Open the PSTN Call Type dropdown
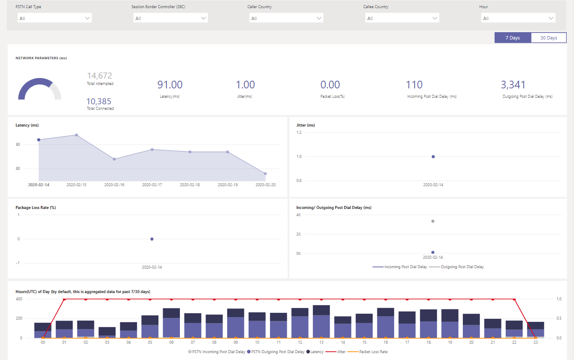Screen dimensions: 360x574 [55, 18]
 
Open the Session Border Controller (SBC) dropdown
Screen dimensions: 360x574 [170, 18]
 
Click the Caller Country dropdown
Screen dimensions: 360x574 [286, 18]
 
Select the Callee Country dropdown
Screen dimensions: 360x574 [402, 18]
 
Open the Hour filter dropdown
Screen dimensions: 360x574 [518, 18]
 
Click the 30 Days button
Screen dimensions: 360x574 [548, 38]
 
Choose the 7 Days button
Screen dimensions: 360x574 [513, 38]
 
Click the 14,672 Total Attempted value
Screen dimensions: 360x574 [99, 76]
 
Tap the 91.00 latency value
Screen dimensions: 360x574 [170, 85]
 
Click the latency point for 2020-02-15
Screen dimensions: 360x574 [76, 135]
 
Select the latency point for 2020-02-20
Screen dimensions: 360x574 [265, 174]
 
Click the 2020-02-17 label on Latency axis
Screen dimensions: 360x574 [152, 185]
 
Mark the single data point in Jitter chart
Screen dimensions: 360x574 [433, 157]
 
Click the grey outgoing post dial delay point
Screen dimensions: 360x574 [433, 221]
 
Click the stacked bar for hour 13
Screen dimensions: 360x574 [321, 321]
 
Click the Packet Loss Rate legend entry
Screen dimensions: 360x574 [373, 352]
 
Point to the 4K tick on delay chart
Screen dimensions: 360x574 [299, 215]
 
